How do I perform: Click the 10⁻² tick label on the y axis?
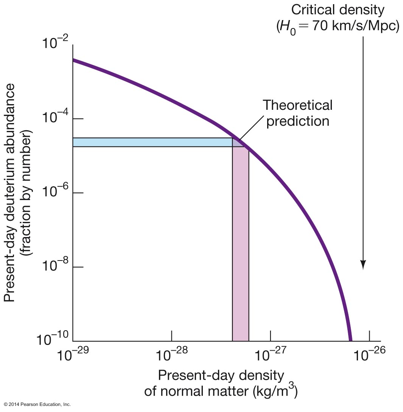coord(53,45)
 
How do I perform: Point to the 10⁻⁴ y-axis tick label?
coord(53,120)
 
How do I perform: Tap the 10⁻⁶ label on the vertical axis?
coord(53,194)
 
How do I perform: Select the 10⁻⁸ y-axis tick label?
coord(53,267)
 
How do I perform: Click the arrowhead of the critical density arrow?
coord(363,265)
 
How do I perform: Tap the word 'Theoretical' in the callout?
coord(297,105)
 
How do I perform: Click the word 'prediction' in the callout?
coord(298,121)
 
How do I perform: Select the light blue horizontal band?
coord(151,142)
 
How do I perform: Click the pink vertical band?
coord(240,246)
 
